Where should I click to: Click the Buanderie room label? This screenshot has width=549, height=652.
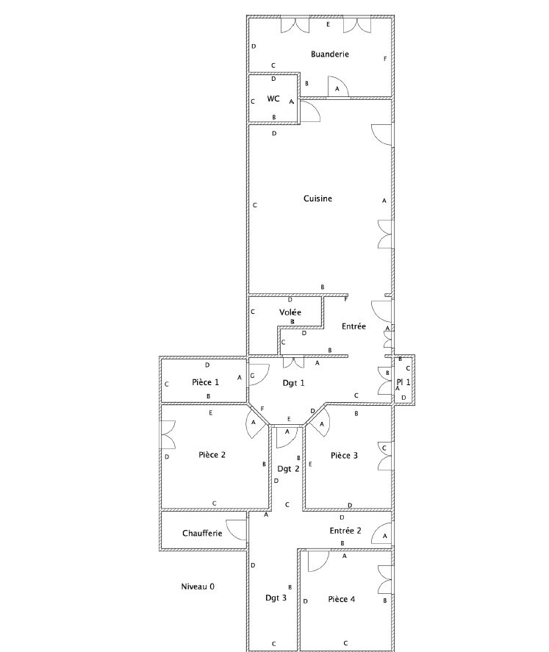coord(329,54)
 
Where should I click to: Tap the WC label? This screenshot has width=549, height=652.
coord(273,99)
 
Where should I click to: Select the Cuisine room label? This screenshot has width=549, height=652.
coord(317,198)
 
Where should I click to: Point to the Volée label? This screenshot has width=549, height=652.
coord(290,312)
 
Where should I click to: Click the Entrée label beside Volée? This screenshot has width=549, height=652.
coord(354,326)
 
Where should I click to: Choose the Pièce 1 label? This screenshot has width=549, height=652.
coord(205,382)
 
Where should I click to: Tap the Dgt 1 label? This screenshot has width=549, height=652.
coord(293,383)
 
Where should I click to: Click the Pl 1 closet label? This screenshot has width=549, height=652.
coord(403,382)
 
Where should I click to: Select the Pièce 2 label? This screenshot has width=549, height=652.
coord(212,455)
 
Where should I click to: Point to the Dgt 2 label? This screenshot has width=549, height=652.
coord(288,469)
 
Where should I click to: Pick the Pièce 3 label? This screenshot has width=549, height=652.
coord(344,456)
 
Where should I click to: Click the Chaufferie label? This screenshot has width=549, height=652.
coord(202,533)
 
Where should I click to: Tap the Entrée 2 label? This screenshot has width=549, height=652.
coord(345,531)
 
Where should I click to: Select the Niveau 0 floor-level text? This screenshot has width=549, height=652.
coord(198,587)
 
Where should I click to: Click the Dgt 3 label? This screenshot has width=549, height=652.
coord(276,598)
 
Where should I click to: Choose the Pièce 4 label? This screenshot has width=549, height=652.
coord(342,599)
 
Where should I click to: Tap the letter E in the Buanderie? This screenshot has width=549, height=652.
coord(328,24)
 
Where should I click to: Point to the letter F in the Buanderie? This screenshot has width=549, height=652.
coord(385,59)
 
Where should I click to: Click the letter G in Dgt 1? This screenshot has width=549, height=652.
coord(252,376)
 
